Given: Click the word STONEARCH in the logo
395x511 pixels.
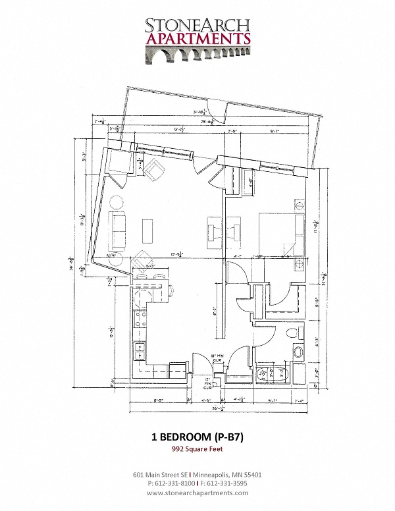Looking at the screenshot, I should click(x=197, y=24).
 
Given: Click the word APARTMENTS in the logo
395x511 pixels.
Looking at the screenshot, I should click(x=197, y=39).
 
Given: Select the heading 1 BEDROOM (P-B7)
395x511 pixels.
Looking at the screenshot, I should click(x=197, y=437).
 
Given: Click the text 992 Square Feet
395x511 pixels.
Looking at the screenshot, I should click(x=197, y=449).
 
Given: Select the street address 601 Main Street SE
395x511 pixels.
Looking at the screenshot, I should click(x=161, y=473).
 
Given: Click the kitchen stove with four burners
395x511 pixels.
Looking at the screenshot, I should click(x=140, y=322).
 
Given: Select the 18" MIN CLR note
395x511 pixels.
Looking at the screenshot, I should click(x=217, y=360).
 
